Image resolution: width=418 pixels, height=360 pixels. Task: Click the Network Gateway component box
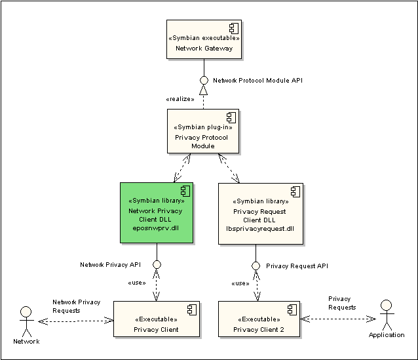tap(204, 39)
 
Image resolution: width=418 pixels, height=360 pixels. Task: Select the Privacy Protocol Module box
tap(203, 131)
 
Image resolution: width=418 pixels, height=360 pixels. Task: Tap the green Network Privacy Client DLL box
tap(157, 212)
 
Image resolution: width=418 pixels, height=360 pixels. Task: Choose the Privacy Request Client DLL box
tap(261, 214)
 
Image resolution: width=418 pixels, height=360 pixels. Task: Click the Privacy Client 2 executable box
tap(259, 319)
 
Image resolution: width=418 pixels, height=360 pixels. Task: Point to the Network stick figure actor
tap(26, 321)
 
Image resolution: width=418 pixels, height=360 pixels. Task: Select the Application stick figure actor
tap(387, 315)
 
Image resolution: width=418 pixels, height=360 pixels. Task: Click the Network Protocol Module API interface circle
tap(204, 80)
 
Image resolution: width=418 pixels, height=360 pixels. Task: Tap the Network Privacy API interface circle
tap(157, 264)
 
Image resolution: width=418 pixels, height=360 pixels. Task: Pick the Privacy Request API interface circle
tap(256, 266)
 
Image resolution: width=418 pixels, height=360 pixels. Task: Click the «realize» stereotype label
tap(180, 99)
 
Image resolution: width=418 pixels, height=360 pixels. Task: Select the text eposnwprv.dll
tap(156, 228)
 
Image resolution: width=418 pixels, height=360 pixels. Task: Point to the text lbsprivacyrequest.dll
tap(260, 229)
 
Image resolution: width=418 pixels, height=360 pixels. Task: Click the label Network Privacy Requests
tap(76, 306)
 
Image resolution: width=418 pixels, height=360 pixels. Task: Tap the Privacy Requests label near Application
tap(342, 303)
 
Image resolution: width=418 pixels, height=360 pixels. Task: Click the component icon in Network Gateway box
tap(234, 28)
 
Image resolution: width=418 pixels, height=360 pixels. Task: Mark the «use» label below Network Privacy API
tap(137, 283)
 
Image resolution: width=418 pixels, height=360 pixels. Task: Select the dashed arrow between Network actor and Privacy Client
tap(76, 321)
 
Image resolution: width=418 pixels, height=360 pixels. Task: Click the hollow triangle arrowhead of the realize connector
tap(203, 90)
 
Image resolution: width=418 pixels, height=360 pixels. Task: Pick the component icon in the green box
tap(185, 191)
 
